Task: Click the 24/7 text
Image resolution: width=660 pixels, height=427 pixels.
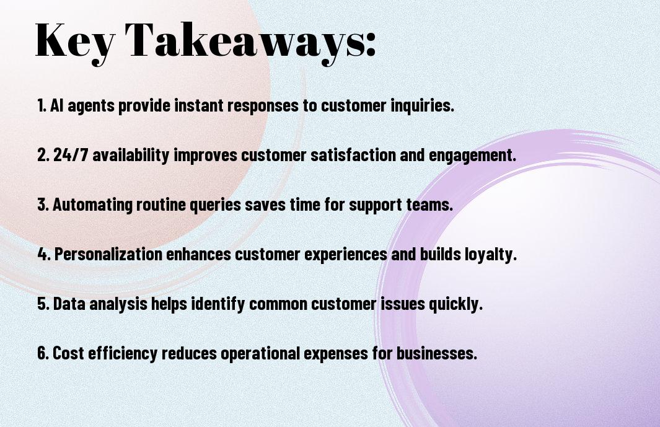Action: tap(71, 155)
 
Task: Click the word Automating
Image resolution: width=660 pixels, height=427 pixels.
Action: tap(92, 205)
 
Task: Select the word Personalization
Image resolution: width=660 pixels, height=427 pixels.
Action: tap(108, 254)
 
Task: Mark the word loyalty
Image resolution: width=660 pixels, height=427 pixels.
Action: tap(490, 255)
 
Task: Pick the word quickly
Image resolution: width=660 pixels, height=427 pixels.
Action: tap(455, 304)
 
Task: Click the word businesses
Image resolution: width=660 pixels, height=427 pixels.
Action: tap(437, 353)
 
